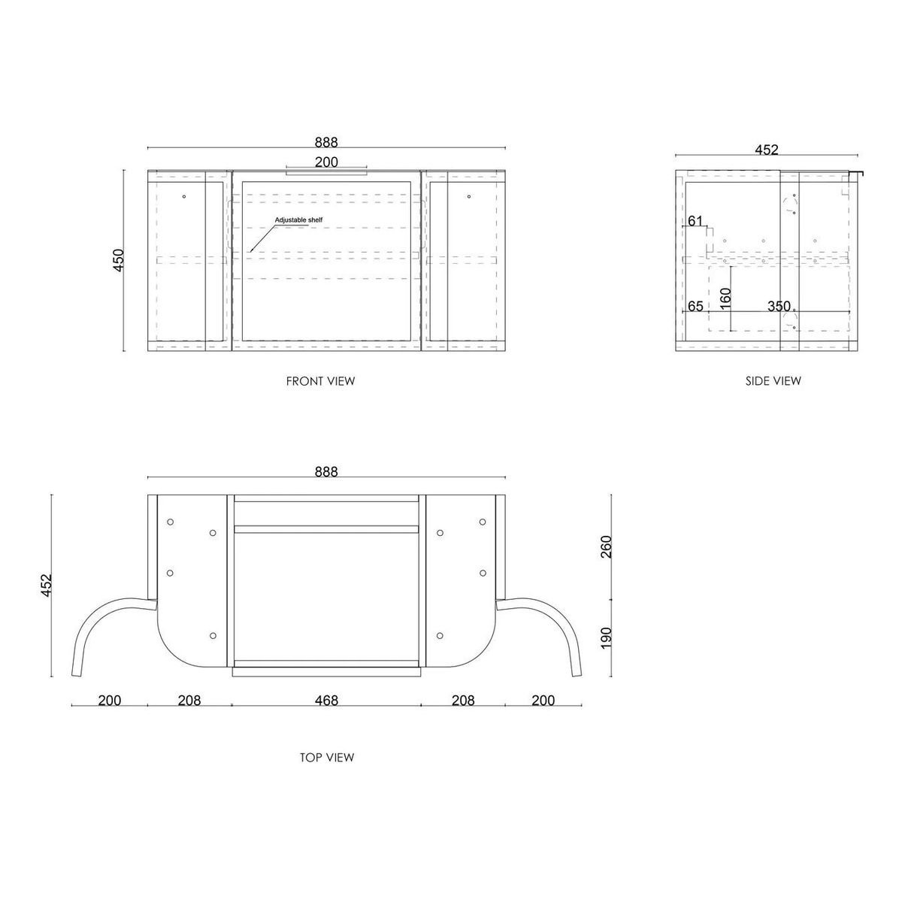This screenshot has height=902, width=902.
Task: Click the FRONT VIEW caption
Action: tap(321, 381)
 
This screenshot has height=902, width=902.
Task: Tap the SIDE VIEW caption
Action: tap(773, 381)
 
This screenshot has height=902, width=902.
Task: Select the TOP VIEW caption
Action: tap(327, 758)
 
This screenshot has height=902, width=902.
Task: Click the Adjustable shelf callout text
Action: tap(298, 220)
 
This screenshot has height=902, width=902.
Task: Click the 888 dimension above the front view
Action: tap(326, 142)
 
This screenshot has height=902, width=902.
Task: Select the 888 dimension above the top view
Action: tap(326, 471)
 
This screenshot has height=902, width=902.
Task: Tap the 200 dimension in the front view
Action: tap(326, 162)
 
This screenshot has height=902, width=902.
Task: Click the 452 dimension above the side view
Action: tap(767, 150)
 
